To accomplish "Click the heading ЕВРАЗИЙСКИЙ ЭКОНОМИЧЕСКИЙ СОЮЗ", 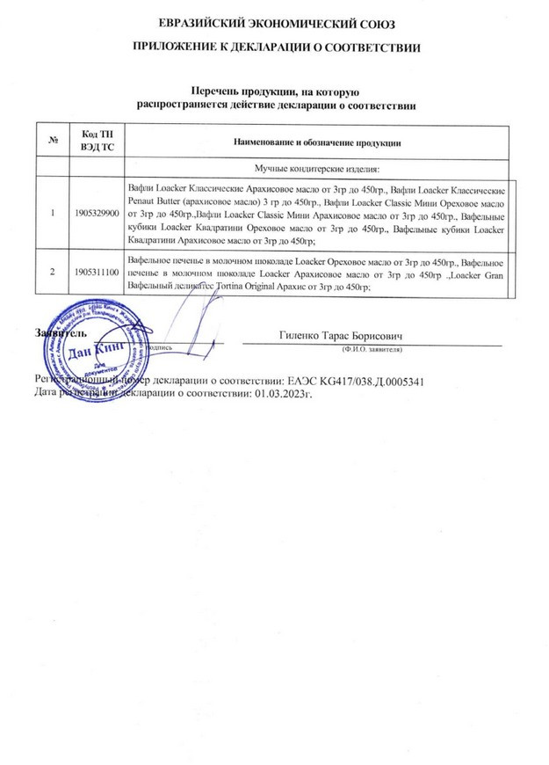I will (x=275, y=21).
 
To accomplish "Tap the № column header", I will (x=54, y=142).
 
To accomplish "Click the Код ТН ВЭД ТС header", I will (x=95, y=142).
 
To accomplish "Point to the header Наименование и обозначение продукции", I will (x=315, y=142).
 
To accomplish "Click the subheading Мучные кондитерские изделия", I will (x=315, y=167).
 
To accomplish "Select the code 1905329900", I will (x=95, y=213).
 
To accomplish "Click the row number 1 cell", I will (x=54, y=213).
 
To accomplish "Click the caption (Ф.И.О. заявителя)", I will (x=372, y=349).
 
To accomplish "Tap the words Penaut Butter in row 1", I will (x=160, y=201).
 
